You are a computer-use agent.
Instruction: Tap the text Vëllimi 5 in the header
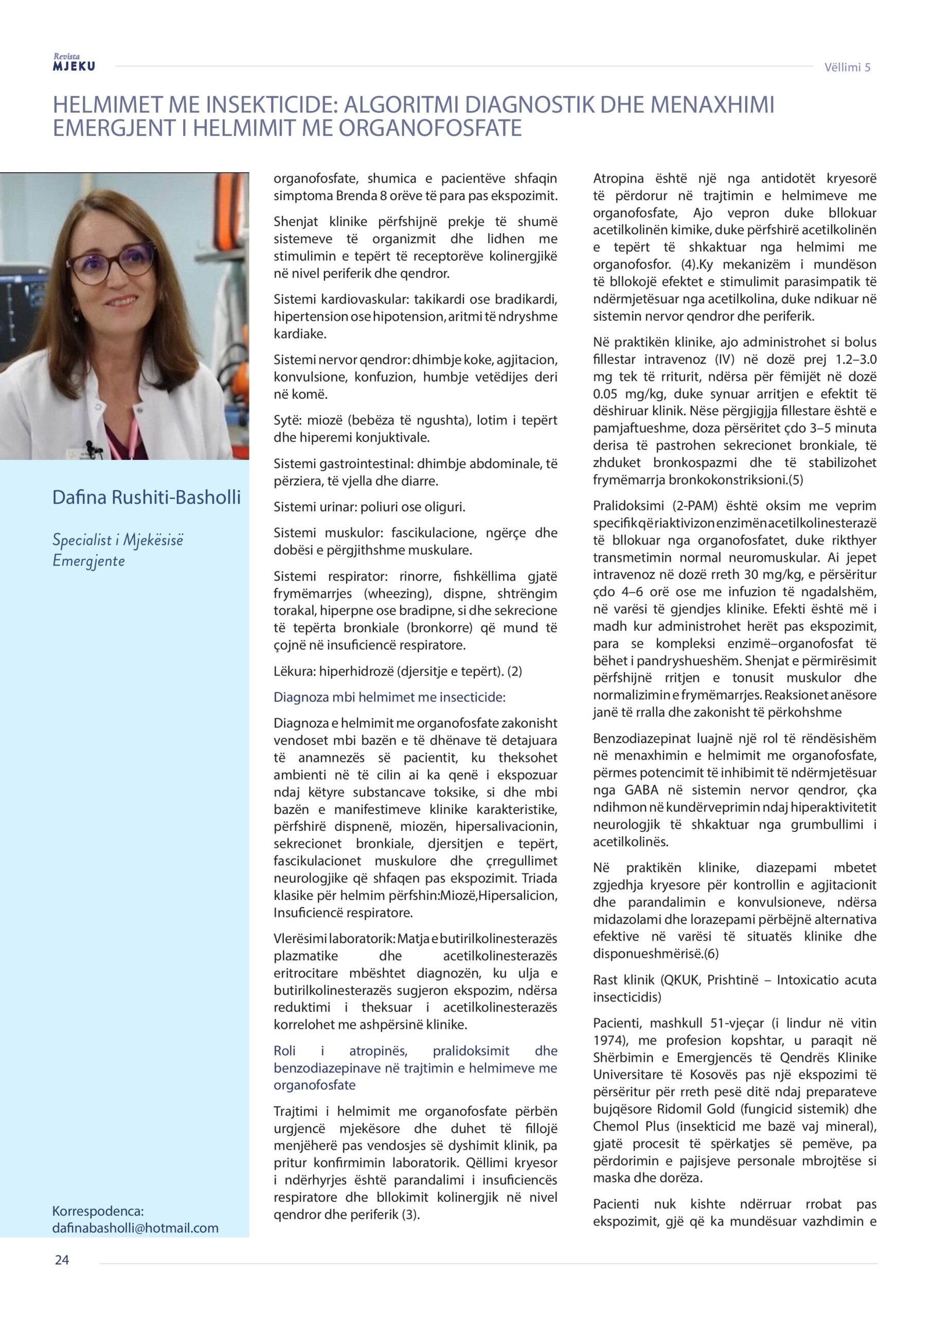click(847, 67)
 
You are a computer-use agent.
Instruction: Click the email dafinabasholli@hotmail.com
click(135, 1228)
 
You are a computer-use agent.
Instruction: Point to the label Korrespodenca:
click(98, 1211)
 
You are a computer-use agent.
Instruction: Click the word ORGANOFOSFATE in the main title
click(429, 128)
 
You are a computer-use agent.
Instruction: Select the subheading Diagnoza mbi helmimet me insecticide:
click(389, 697)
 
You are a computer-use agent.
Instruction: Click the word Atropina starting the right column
click(618, 179)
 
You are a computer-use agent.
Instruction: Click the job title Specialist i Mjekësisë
click(118, 540)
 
